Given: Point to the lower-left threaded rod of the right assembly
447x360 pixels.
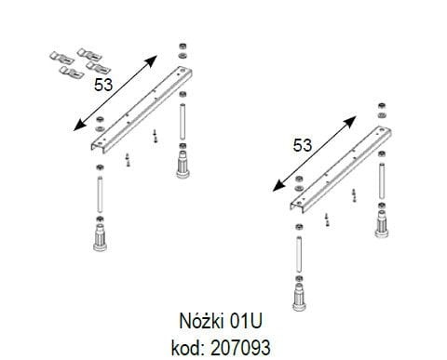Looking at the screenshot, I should [295, 251].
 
